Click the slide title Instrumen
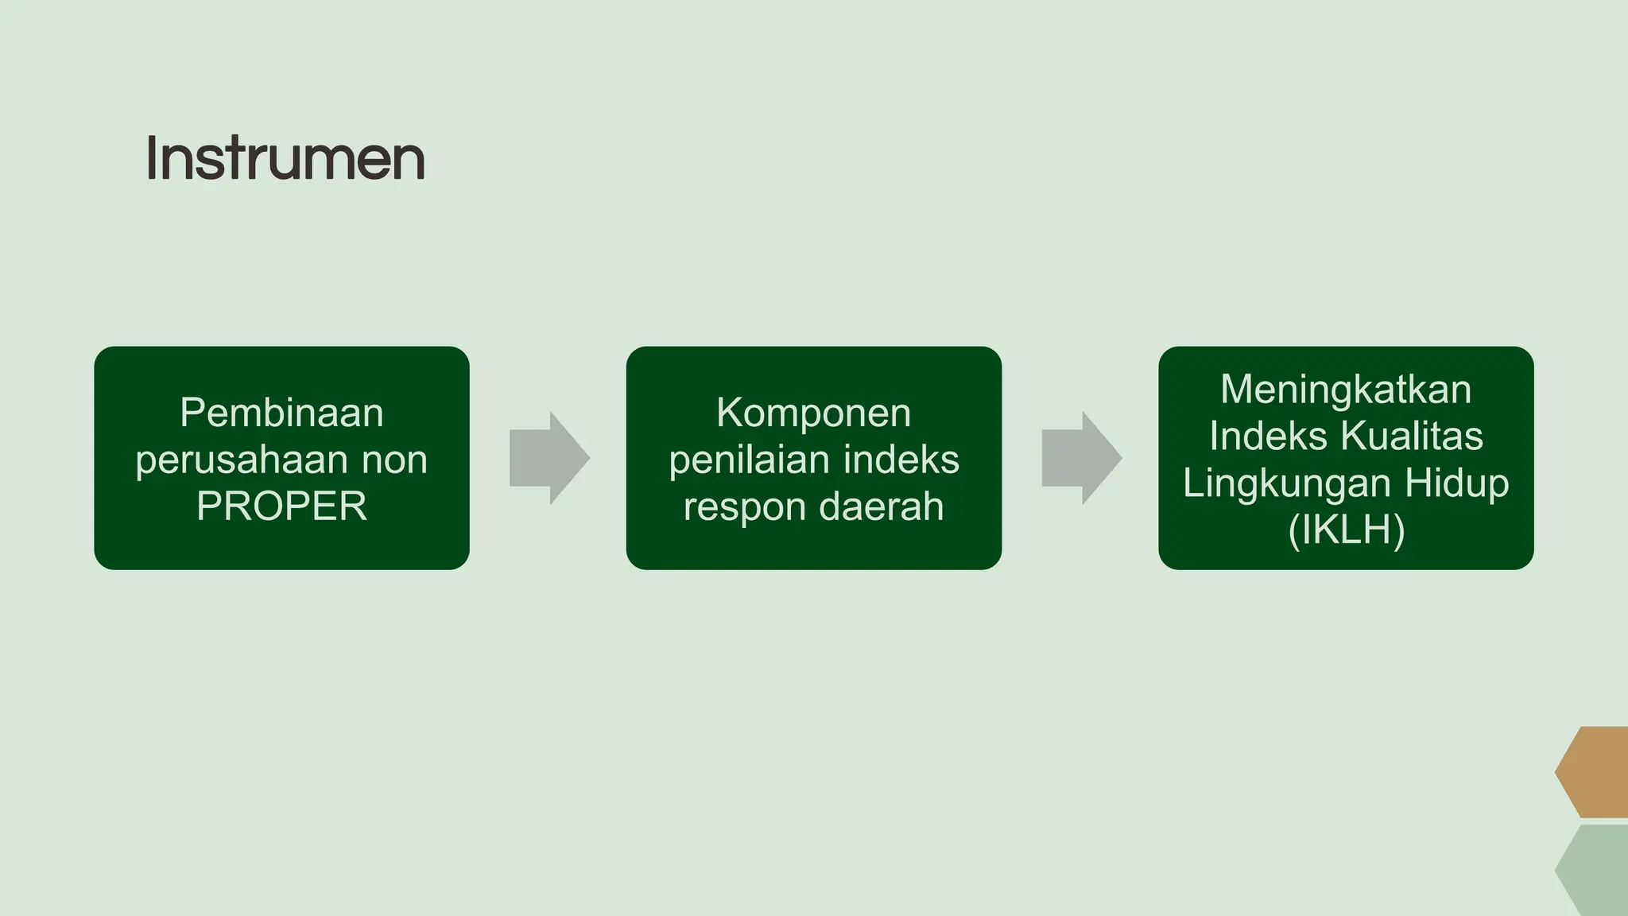click(x=285, y=158)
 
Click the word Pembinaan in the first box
click(x=281, y=413)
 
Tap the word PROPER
click(x=281, y=507)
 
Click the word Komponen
click(x=813, y=413)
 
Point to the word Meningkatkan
click(x=1346, y=390)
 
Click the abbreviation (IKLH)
click(x=1346, y=530)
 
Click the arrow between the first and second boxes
click(x=549, y=458)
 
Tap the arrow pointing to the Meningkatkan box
click(x=1081, y=458)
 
